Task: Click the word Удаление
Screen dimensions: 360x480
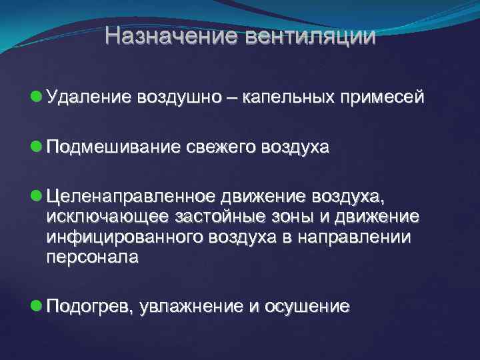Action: click(x=89, y=98)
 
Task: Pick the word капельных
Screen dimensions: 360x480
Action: click(x=291, y=98)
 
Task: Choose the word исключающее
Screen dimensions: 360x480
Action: click(x=107, y=217)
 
